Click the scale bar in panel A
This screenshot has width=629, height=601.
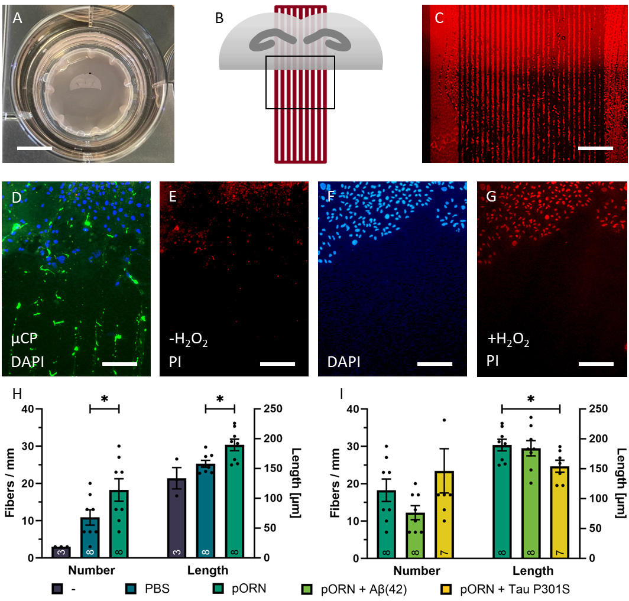[x=34, y=147]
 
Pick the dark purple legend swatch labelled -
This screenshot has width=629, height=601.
[x=57, y=589]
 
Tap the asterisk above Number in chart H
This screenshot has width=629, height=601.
[x=105, y=399]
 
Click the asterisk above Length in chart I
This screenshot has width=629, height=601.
[x=530, y=399]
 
